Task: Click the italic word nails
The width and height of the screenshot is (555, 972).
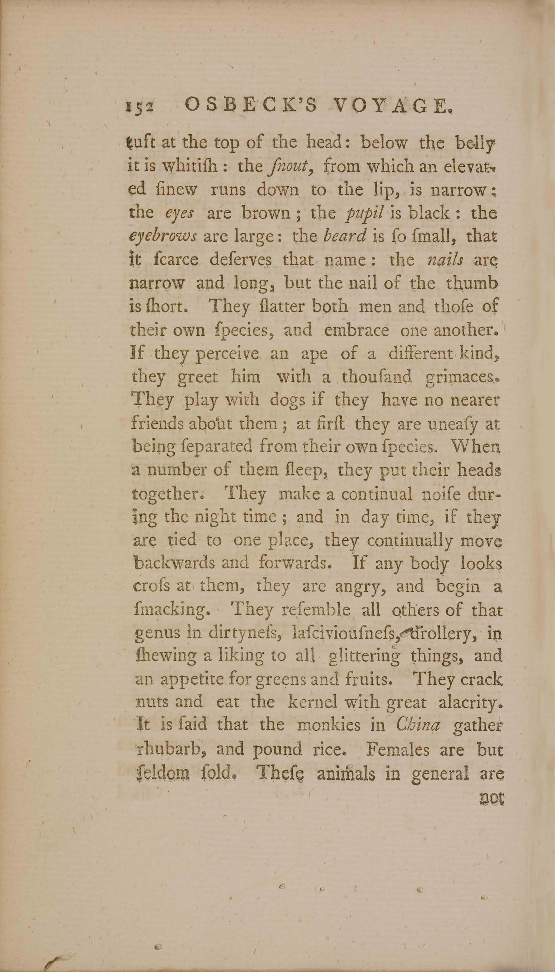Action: pyautogui.click(x=445, y=260)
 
